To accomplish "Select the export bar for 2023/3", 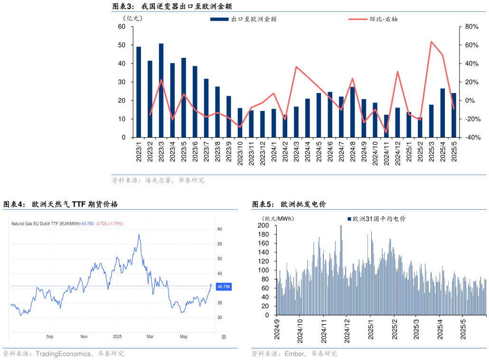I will (x=161, y=90).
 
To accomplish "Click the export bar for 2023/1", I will (x=139, y=92).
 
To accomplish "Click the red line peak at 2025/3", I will (x=431, y=42).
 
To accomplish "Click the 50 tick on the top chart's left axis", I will (x=122, y=45).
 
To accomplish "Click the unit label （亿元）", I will (x=132, y=18).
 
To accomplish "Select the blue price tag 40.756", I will (x=223, y=287).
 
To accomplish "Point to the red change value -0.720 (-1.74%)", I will (x=109, y=223).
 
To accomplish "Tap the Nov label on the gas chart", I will (x=84, y=337).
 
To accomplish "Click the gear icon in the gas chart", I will (x=224, y=337).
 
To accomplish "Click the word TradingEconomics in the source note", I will (x=64, y=354).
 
